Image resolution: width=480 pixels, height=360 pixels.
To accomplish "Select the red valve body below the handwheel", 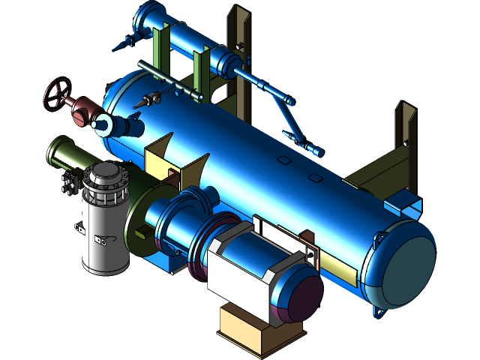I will (x=79, y=111).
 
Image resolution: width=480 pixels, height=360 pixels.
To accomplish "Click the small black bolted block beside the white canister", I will (x=70, y=182).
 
